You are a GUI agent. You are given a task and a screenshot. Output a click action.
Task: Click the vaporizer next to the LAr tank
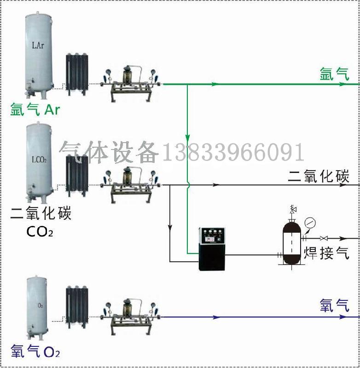[x=76, y=74]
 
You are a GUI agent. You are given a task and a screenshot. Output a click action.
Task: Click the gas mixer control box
[x=211, y=248]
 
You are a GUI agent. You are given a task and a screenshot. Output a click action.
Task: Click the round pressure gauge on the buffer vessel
[x=311, y=224]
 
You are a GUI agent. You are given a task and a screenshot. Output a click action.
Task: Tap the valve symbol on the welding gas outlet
[x=324, y=238]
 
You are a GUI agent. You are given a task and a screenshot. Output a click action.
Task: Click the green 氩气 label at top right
[x=335, y=74]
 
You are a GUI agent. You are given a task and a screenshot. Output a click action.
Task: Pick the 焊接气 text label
[x=326, y=253]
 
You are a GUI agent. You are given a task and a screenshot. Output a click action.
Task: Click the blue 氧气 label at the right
[x=335, y=305]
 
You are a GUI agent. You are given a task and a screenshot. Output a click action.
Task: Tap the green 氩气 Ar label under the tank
[x=35, y=110]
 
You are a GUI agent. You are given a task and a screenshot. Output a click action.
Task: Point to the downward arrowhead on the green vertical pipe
[x=187, y=138]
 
